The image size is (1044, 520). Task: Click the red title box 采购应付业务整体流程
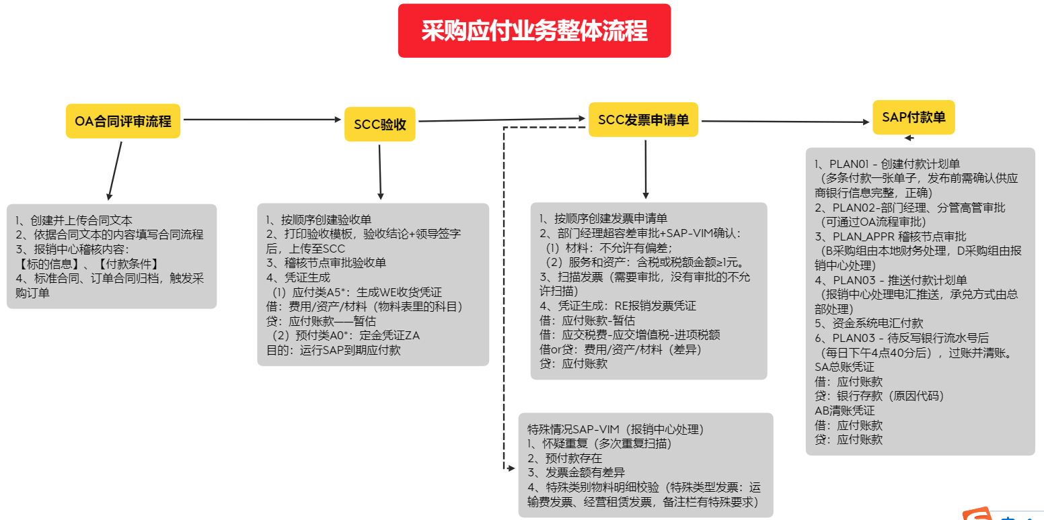point(534,31)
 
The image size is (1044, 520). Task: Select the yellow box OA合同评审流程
point(123,121)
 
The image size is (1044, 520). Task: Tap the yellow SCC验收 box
point(380,124)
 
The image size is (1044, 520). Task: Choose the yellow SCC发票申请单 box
point(643,120)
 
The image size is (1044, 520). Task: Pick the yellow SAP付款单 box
point(914,118)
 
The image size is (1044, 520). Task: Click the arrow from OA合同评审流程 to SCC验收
point(262,120)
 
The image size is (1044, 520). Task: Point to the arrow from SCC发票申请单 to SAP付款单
point(785,122)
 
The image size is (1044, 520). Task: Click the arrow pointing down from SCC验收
point(380,172)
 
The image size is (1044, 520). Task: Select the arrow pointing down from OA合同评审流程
point(114,171)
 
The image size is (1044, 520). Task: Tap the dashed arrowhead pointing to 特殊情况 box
point(511,468)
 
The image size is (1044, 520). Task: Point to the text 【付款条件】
point(128,264)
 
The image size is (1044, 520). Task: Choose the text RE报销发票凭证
point(655,306)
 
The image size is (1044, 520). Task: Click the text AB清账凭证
point(844,410)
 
